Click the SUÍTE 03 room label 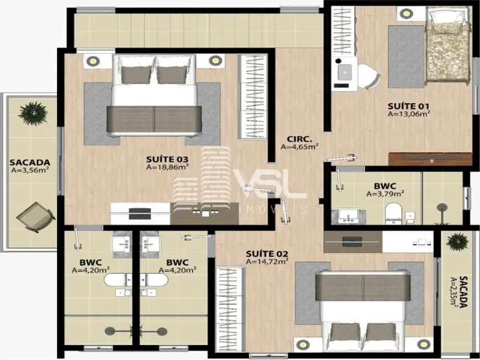click(167, 159)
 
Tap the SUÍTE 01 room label click(409, 106)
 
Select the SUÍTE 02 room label click(267, 254)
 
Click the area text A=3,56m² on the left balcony click(30, 170)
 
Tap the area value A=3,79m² click(385, 193)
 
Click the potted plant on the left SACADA click(33, 114)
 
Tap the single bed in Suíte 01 click(447, 47)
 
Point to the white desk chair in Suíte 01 click(368, 76)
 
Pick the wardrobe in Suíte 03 click(253, 96)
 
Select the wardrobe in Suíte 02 click(230, 309)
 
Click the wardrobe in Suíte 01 click(343, 30)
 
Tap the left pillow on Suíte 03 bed click(136, 75)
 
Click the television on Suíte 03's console click(140, 214)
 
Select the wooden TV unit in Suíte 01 click(430, 159)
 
